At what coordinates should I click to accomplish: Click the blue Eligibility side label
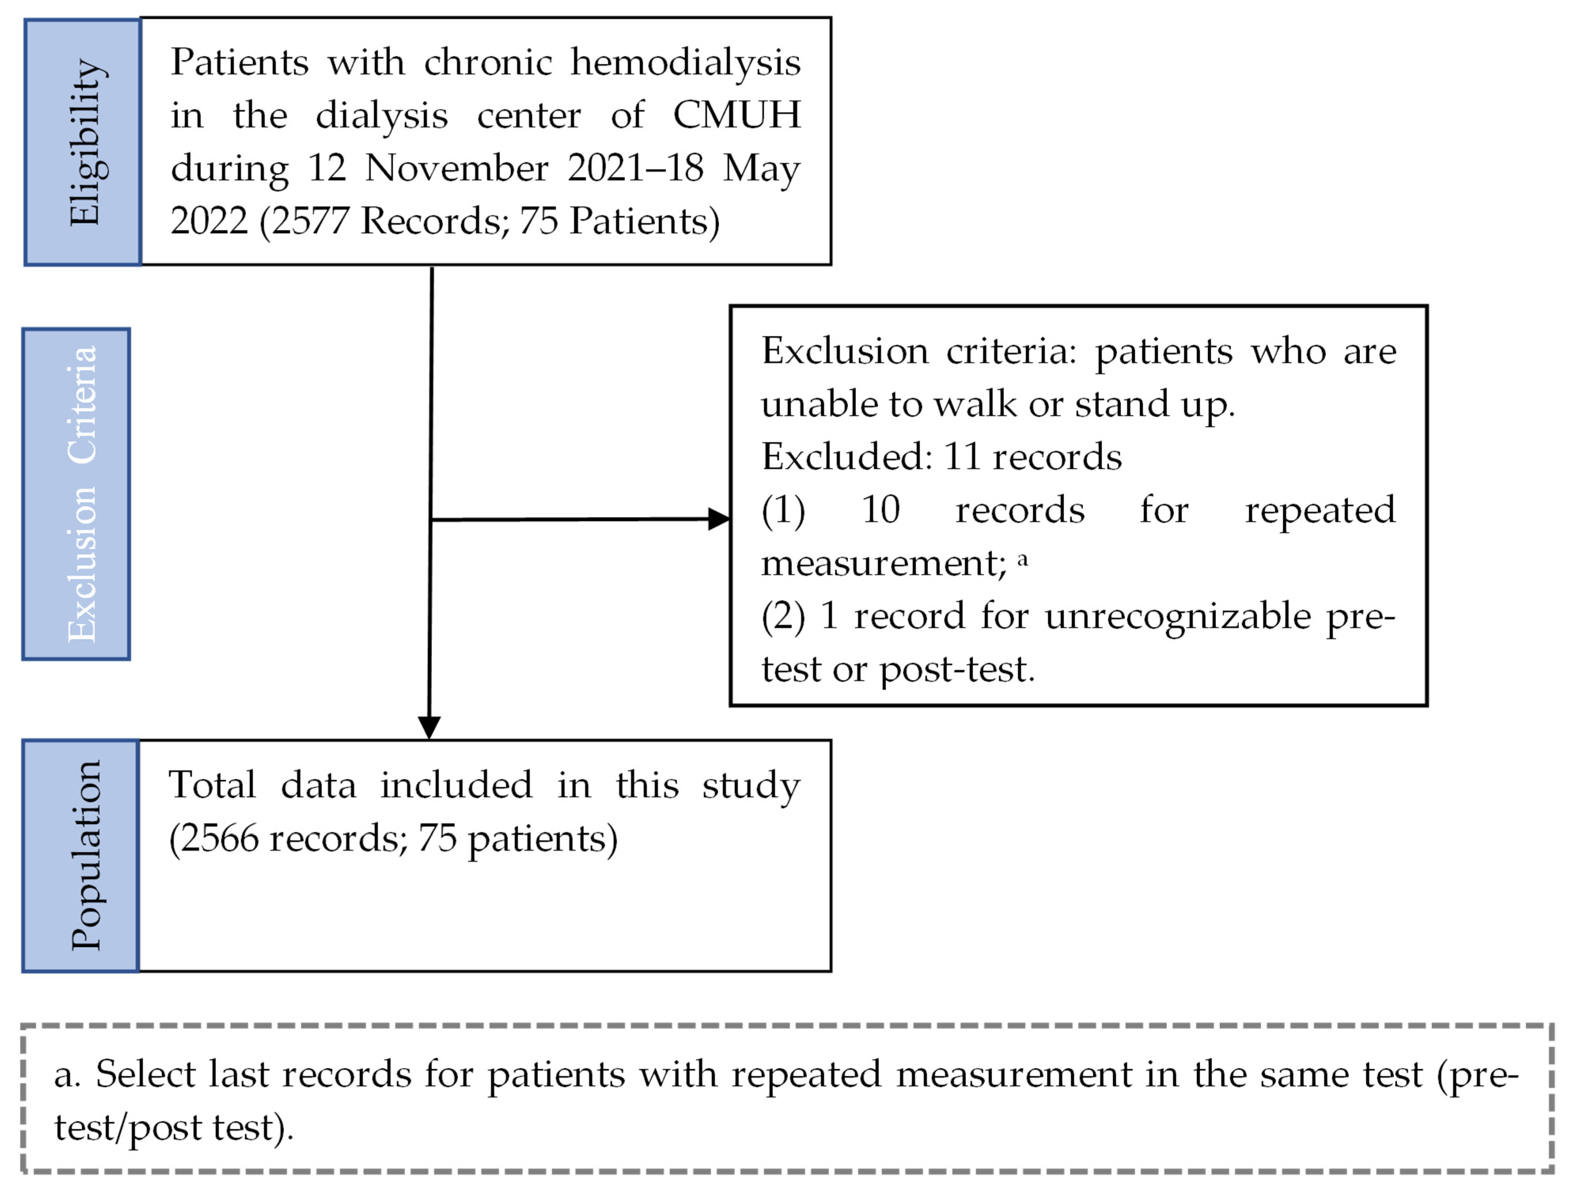pyautogui.click(x=83, y=142)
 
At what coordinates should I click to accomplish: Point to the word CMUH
pyautogui.click(x=736, y=115)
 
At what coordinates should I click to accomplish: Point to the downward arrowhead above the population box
pyautogui.click(x=429, y=727)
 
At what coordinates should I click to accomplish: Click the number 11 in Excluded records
pyautogui.click(x=963, y=457)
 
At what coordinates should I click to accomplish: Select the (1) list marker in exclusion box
pyautogui.click(x=783, y=510)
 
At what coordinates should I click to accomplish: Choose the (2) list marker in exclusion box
pyautogui.click(x=783, y=616)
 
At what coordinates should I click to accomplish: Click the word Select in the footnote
pyautogui.click(x=145, y=1074)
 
